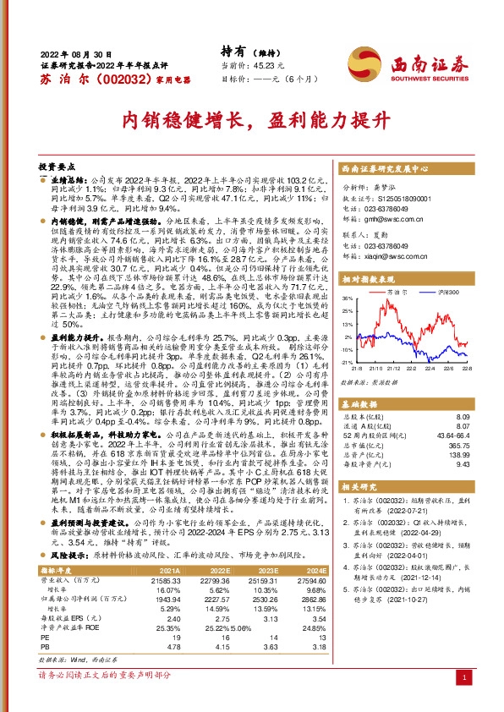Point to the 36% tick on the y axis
347,298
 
